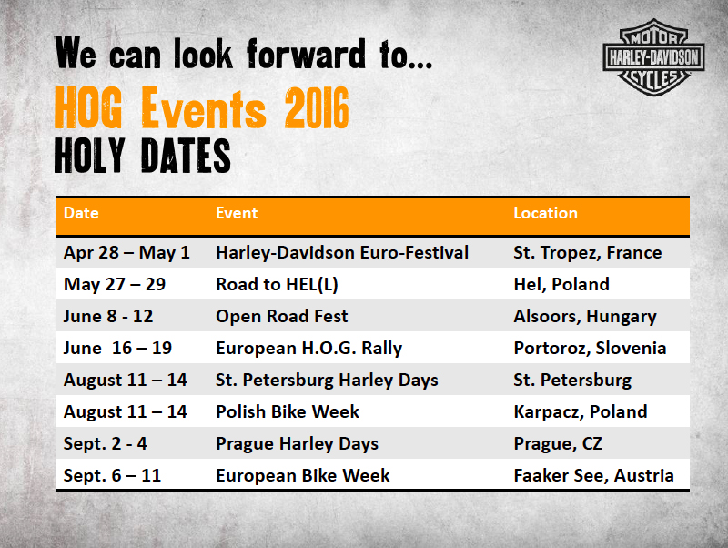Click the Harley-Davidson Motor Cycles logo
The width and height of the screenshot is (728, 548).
(653, 57)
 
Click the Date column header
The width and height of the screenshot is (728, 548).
(81, 213)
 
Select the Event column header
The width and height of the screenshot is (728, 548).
(237, 213)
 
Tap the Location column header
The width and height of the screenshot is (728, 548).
(545, 213)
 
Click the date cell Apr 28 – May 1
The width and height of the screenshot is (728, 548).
(126, 253)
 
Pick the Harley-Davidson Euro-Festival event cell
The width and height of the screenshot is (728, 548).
(342, 253)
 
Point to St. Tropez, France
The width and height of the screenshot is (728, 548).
(588, 253)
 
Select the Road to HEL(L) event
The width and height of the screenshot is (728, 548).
(277, 285)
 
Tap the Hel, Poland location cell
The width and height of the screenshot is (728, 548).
(561, 285)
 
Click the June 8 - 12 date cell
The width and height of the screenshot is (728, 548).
(108, 316)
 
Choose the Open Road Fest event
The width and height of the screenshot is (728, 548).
(282, 316)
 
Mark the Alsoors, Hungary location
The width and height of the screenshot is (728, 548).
(585, 317)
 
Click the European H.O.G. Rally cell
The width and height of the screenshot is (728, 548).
(309, 349)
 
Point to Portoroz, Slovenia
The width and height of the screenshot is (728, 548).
(590, 349)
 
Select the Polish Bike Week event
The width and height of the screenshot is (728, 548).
(288, 412)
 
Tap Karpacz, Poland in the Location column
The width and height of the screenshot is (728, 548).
(581, 412)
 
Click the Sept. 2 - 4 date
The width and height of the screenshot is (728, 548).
(105, 444)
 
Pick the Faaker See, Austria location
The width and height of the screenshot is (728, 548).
(594, 476)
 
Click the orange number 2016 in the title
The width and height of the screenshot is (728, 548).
(317, 107)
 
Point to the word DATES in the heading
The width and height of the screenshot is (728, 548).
(186, 156)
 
